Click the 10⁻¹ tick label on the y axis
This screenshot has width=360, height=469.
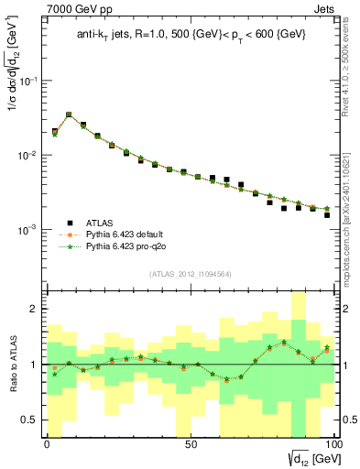[x=29, y=81]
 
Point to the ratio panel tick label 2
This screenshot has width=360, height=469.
[x=34, y=309]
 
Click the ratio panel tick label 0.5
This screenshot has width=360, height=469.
[x=30, y=420]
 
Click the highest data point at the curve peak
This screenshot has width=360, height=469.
[x=69, y=115]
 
